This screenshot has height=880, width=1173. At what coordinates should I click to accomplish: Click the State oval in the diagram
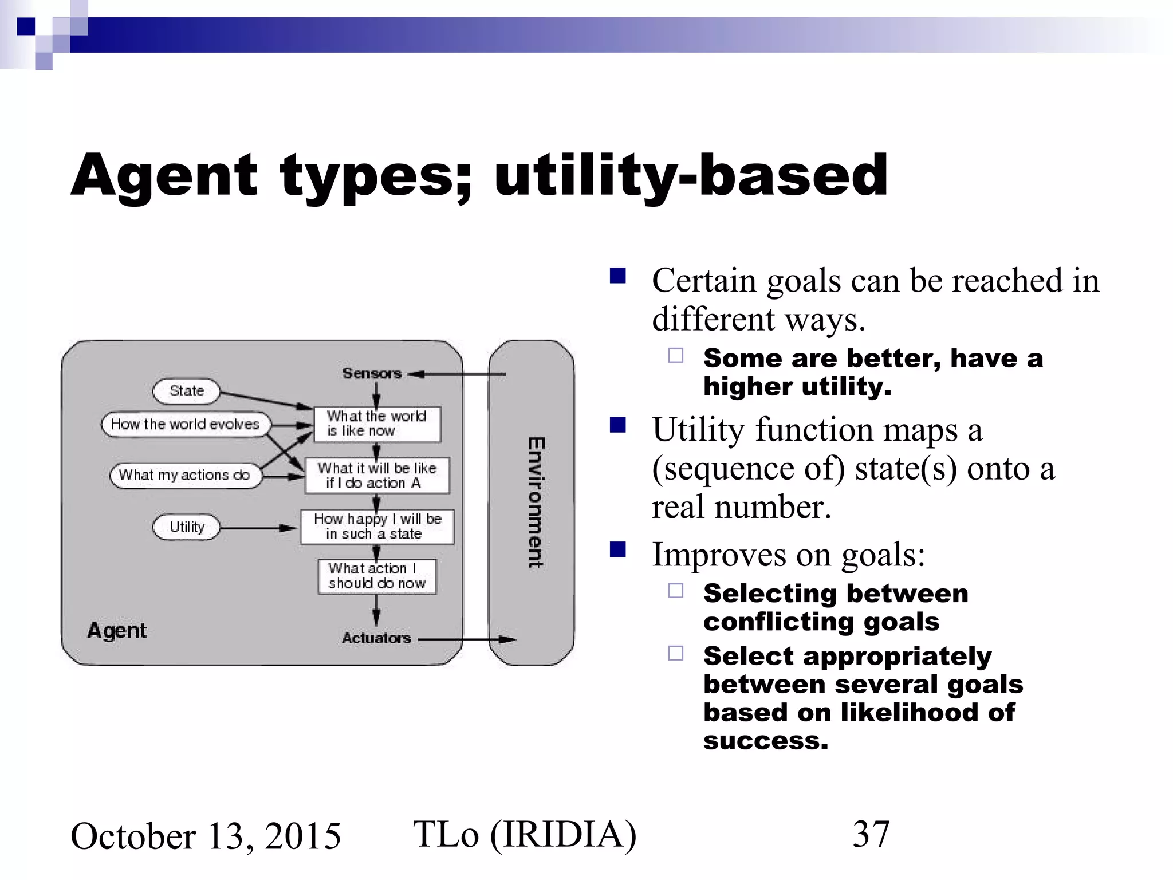point(187,391)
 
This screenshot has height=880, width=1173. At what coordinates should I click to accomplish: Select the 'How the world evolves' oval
point(185,425)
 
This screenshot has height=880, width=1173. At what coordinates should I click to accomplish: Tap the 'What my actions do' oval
point(184,476)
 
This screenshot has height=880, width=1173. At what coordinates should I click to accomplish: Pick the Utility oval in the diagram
point(187,527)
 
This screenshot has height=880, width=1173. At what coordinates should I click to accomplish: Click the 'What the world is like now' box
point(377,424)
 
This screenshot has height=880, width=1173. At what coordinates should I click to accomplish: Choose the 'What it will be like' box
point(377,476)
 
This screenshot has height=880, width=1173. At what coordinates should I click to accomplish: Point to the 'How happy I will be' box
point(377,527)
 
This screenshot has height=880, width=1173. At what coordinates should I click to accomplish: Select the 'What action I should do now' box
point(377,576)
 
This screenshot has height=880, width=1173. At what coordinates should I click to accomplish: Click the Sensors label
point(372,374)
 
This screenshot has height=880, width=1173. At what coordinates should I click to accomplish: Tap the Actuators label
point(376,638)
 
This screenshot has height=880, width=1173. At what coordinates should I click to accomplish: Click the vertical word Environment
point(536,502)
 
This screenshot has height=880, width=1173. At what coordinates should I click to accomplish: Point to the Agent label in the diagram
point(117,631)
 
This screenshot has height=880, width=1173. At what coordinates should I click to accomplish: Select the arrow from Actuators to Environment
point(467,639)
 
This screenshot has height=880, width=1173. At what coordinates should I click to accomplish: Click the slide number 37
point(871,834)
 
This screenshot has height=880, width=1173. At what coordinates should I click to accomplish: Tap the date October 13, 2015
point(206,836)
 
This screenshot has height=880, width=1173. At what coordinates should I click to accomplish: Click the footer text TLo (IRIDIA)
point(525,834)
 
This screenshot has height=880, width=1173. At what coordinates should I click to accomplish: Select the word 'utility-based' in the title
point(691,175)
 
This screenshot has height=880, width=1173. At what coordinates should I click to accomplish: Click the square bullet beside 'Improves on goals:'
point(618,550)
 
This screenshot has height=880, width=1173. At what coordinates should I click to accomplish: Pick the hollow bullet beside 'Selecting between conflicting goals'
point(676,591)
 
